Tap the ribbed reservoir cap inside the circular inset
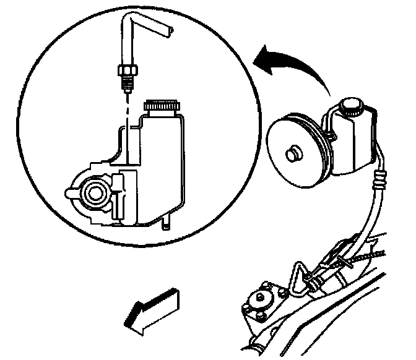point(160,108)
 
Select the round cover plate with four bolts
point(259,304)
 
